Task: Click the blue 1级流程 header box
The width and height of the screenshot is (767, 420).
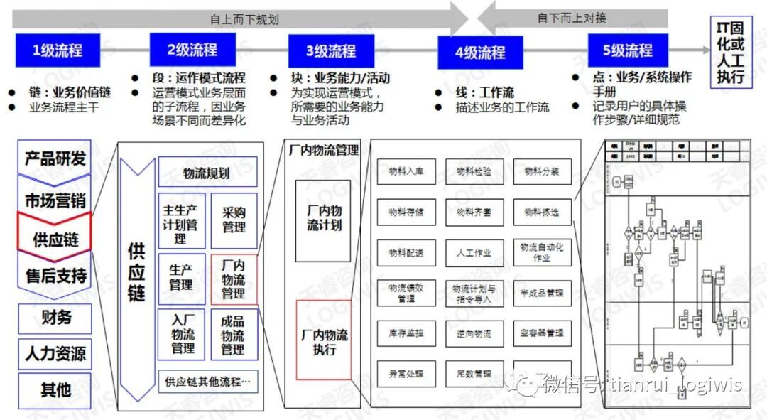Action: click(58, 50)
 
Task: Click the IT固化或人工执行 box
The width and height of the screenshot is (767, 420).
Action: click(731, 53)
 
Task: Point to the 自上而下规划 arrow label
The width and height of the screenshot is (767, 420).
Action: click(234, 18)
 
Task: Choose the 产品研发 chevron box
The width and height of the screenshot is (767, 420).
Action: click(55, 158)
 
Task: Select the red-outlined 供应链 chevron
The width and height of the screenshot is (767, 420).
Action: click(55, 239)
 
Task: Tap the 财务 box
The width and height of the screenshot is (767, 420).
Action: click(55, 317)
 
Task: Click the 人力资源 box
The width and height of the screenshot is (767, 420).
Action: click(55, 353)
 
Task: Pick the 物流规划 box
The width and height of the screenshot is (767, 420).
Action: click(207, 173)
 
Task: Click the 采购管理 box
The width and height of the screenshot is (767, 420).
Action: click(234, 220)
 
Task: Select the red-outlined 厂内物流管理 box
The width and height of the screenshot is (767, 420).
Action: click(234, 279)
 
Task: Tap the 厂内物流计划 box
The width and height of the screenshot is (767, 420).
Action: click(323, 220)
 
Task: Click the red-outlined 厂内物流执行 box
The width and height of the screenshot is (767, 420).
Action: click(323, 342)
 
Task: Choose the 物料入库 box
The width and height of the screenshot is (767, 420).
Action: click(406, 171)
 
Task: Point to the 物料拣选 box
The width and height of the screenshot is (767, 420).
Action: click(542, 212)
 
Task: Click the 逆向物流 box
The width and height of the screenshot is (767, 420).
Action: click(474, 333)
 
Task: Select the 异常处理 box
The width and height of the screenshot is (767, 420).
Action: click(406, 373)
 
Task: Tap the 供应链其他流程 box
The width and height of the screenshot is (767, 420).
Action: click(207, 382)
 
